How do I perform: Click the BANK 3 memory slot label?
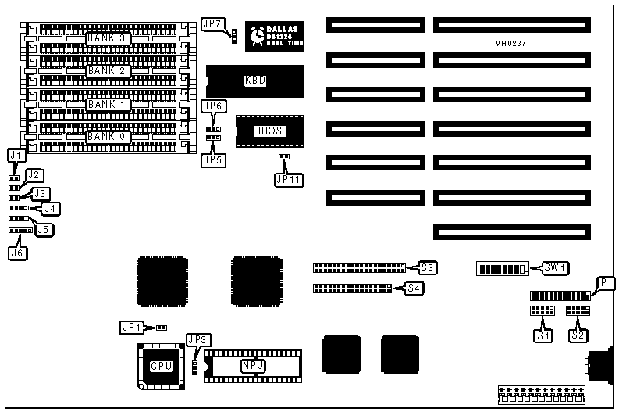106,38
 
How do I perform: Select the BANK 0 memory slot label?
106,137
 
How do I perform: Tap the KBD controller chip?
254,80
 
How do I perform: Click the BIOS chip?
269,131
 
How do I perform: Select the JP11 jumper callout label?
286,178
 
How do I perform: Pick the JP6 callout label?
213,106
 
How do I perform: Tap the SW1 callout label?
556,268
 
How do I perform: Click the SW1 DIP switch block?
503,270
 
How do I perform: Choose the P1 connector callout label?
606,283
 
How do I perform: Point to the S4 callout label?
416,288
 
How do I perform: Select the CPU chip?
161,366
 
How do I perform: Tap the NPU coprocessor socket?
252,365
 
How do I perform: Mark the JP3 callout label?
197,339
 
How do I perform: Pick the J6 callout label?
17,252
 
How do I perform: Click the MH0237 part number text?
510,44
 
